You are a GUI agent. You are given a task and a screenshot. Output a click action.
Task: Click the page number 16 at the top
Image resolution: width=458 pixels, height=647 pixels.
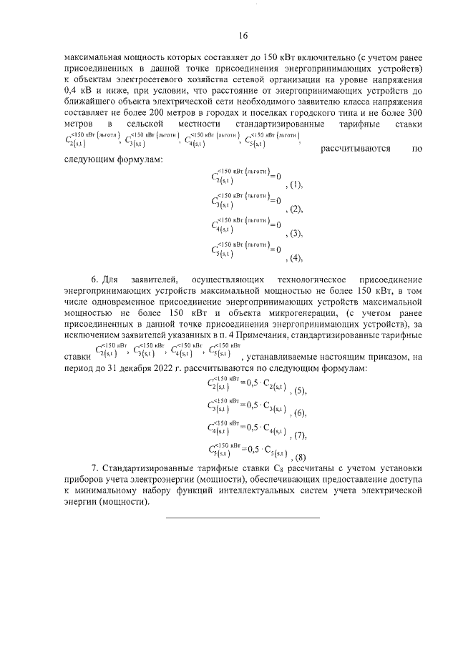pyautogui.click(x=243, y=36)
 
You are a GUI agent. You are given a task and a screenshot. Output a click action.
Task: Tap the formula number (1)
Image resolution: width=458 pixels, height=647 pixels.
pyautogui.click(x=294, y=184)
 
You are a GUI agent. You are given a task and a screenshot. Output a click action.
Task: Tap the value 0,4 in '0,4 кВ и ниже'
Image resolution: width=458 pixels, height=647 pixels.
pyautogui.click(x=72, y=91)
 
